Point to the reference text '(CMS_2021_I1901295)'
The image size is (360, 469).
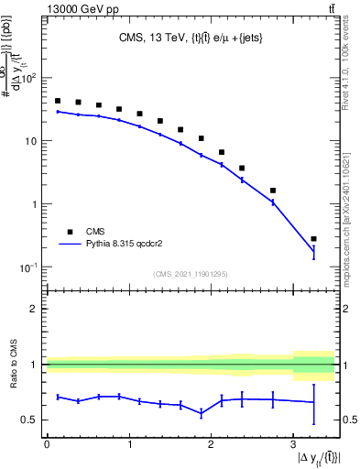click(x=191, y=273)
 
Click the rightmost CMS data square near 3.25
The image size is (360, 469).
click(x=313, y=239)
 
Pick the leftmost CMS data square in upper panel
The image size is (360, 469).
click(x=58, y=101)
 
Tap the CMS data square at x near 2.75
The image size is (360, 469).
click(x=273, y=191)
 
